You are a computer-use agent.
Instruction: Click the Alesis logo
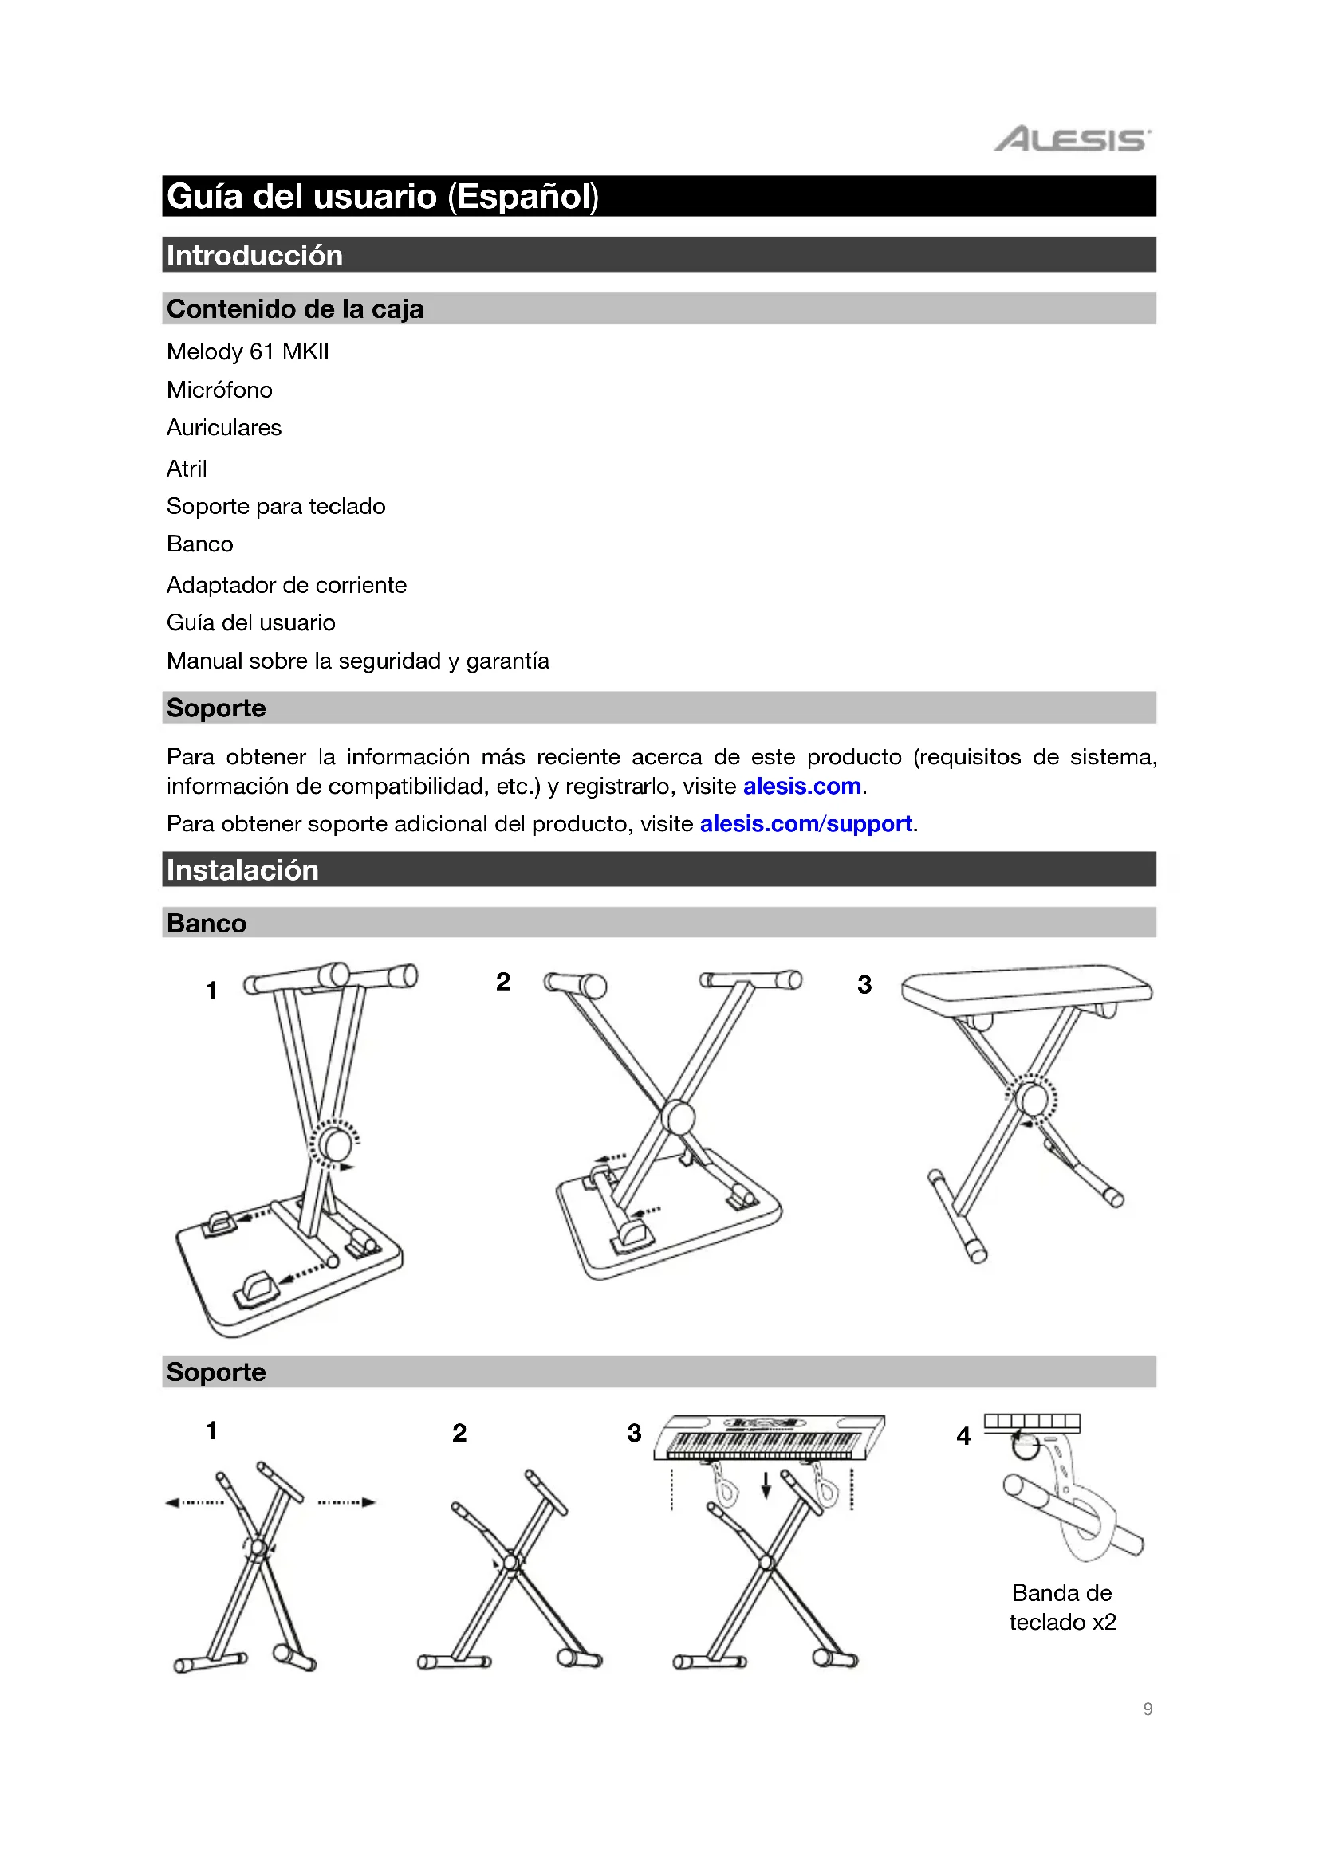[x=1071, y=139]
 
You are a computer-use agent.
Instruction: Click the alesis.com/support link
[x=805, y=824]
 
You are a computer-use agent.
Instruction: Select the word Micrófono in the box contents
[x=219, y=390]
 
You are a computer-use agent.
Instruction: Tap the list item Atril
[x=187, y=469]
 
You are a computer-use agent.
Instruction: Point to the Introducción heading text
[x=254, y=256]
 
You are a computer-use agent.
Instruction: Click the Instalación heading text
[x=242, y=870]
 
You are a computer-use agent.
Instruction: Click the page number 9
[x=1147, y=1709]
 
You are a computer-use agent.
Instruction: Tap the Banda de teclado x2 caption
[x=1061, y=1607]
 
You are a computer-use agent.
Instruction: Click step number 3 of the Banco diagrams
[x=864, y=985]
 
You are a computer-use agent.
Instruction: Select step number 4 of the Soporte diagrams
[x=963, y=1436]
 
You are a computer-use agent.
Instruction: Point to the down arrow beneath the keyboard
[x=765, y=1485]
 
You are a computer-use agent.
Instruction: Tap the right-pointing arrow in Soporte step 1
[x=368, y=1502]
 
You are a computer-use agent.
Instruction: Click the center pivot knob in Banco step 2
[x=678, y=1117]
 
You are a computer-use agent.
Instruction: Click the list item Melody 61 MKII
[x=248, y=351]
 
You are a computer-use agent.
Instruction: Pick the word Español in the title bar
[x=523, y=197]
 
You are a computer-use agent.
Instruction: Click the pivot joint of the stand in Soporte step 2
[x=511, y=1562]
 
